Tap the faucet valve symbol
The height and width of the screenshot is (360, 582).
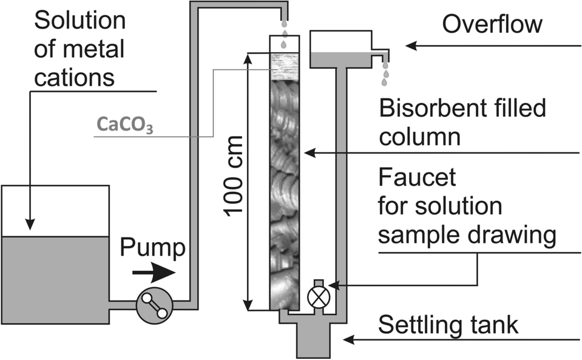click(316, 297)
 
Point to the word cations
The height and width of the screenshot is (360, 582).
click(75, 77)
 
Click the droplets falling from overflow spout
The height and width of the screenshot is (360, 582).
click(385, 72)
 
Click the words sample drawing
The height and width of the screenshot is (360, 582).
click(467, 234)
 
